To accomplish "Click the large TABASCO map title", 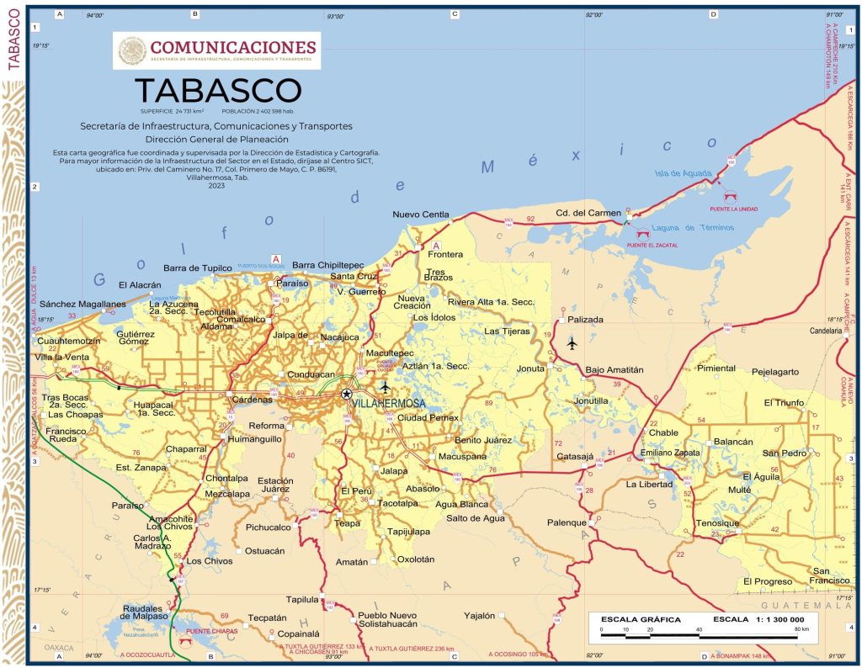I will click(217, 91).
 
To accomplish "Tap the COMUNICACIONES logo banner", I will click(216, 50).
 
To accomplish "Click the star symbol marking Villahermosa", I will click(346, 394).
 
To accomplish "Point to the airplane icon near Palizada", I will click(572, 343).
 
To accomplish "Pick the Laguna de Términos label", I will click(684, 228).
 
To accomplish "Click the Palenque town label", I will click(567, 522).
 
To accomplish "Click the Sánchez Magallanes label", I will click(82, 304).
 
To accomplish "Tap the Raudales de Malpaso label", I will click(147, 612).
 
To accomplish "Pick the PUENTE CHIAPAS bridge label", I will click(211, 631).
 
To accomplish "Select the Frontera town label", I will click(445, 254).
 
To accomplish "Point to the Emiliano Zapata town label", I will click(670, 453).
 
